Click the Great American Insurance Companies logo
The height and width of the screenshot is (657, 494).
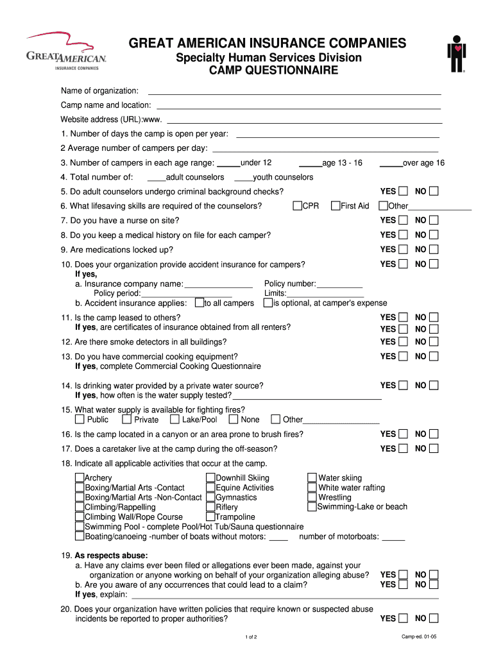coord(67,51)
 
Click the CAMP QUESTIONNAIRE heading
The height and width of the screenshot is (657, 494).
coord(269,71)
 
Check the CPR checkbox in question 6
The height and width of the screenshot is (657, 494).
coord(298,206)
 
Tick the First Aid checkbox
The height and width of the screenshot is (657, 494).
coord(336,206)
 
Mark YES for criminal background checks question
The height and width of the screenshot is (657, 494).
coord(403,191)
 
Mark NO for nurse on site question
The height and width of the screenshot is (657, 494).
coord(434,221)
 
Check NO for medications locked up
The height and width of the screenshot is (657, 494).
coord(434,250)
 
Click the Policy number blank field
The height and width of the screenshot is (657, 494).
coord(340,284)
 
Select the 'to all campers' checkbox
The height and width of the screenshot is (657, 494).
coord(200,303)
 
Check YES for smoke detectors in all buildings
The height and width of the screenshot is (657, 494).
coord(403,342)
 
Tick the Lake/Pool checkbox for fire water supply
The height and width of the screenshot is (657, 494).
coord(175,420)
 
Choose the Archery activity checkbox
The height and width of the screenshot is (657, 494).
coord(80,477)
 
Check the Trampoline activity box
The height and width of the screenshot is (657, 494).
coord(210,516)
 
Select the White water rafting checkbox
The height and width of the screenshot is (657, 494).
coord(312,488)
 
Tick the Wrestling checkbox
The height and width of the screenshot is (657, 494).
coord(312,497)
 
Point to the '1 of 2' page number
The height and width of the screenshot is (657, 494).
coord(251,637)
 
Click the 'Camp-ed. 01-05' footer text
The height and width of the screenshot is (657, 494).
coord(419,636)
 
